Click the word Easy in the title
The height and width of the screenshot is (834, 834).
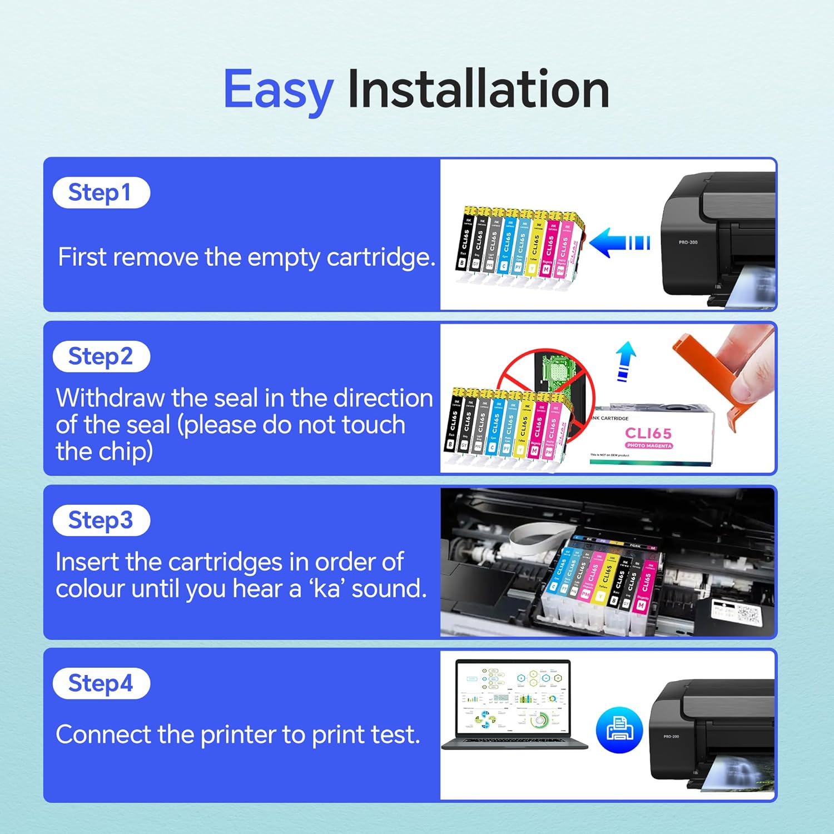pyautogui.click(x=278, y=90)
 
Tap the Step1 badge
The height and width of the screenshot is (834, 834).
pyautogui.click(x=101, y=193)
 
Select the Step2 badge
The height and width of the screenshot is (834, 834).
pyautogui.click(x=101, y=356)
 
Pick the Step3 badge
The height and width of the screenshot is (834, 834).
pyautogui.click(x=101, y=520)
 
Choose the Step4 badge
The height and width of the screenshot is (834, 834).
pyautogui.click(x=101, y=683)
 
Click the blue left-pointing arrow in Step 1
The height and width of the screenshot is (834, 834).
pyautogui.click(x=617, y=243)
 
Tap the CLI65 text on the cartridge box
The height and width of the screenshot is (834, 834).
pyautogui.click(x=648, y=433)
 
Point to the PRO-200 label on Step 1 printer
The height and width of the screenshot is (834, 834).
pyautogui.click(x=688, y=242)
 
